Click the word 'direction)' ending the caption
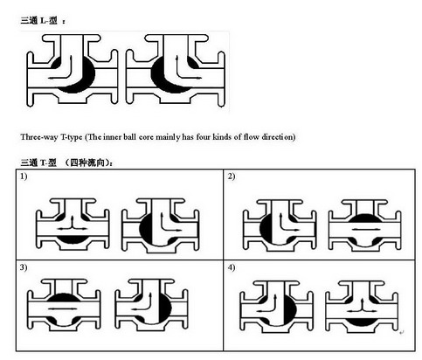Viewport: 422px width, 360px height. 279,136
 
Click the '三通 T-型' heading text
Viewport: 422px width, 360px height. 38,163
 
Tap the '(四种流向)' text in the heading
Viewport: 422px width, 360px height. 88,163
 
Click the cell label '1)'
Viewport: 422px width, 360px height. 24,177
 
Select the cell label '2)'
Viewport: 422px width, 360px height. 232,177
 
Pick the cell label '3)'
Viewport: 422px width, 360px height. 24,267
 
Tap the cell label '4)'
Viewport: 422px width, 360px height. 232,267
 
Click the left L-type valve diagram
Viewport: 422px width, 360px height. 73,70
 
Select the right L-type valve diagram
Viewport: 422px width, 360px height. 176,70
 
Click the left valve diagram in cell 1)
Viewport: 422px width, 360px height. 73,225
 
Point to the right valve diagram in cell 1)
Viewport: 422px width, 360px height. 161,225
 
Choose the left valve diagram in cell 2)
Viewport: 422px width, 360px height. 280,225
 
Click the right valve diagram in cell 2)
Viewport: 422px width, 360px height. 364,225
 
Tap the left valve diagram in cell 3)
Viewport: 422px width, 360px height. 64,305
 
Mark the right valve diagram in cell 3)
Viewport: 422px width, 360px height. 151,305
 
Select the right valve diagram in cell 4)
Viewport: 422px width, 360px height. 362,307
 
